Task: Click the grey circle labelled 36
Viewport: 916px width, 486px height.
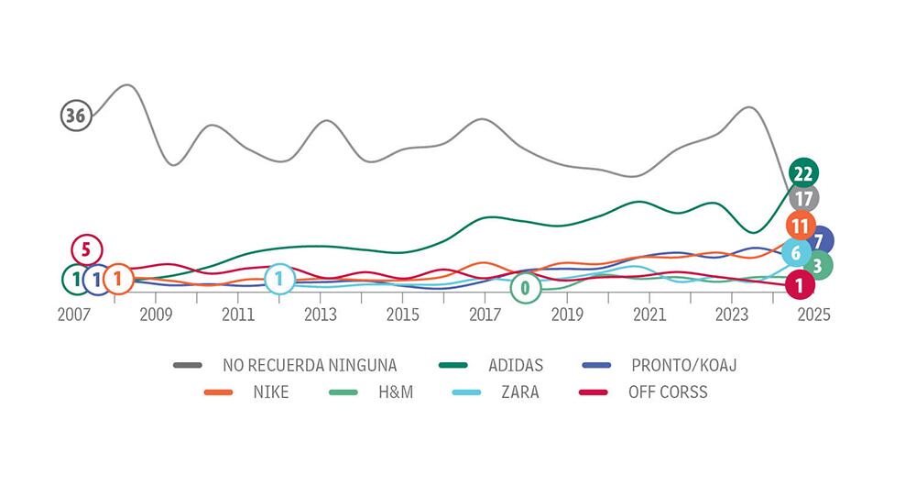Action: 76,116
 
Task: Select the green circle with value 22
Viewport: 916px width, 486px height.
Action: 802,173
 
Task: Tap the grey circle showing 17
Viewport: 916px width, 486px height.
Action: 803,197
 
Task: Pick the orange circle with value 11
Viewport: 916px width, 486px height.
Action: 800,225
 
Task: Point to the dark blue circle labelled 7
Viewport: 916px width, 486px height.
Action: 819,241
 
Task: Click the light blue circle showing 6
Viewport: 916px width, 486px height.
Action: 796,253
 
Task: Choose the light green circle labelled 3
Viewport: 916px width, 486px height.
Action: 817,266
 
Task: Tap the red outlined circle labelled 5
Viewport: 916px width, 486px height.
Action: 86,249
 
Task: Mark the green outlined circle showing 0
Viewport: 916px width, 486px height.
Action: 525,288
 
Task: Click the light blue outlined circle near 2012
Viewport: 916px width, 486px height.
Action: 279,279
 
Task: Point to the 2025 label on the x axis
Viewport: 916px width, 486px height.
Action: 813,315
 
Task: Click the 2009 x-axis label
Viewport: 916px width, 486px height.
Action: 155,315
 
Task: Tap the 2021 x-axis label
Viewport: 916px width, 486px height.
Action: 649,315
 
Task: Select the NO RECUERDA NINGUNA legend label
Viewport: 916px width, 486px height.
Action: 310,365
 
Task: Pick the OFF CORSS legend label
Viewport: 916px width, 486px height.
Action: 667,392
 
